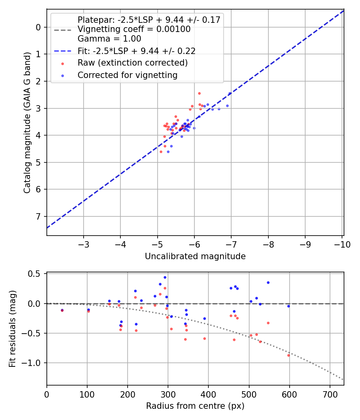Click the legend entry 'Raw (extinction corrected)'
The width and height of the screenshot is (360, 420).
tap(132, 63)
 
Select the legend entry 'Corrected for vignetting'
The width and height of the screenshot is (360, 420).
tap(127, 75)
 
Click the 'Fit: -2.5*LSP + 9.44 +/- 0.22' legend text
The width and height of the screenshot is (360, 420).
tap(136, 51)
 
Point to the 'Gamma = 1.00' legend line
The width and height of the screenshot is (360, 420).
tap(109, 39)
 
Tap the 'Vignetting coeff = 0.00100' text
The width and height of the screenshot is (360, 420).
tap(134, 29)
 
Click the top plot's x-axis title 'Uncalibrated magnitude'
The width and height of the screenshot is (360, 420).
tap(195, 256)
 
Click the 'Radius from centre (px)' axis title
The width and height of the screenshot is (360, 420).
tap(195, 406)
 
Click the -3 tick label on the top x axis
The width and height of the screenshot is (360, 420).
tap(84, 244)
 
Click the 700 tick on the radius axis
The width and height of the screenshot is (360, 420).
tap(330, 394)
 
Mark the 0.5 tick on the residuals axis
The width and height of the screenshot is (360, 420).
tap(36, 274)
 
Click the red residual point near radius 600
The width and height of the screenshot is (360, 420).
tap(288, 355)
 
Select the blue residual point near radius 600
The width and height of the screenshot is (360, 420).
tap(288, 306)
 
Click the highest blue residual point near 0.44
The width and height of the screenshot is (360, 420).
tap(165, 277)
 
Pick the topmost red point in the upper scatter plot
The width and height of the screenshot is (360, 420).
tap(199, 93)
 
